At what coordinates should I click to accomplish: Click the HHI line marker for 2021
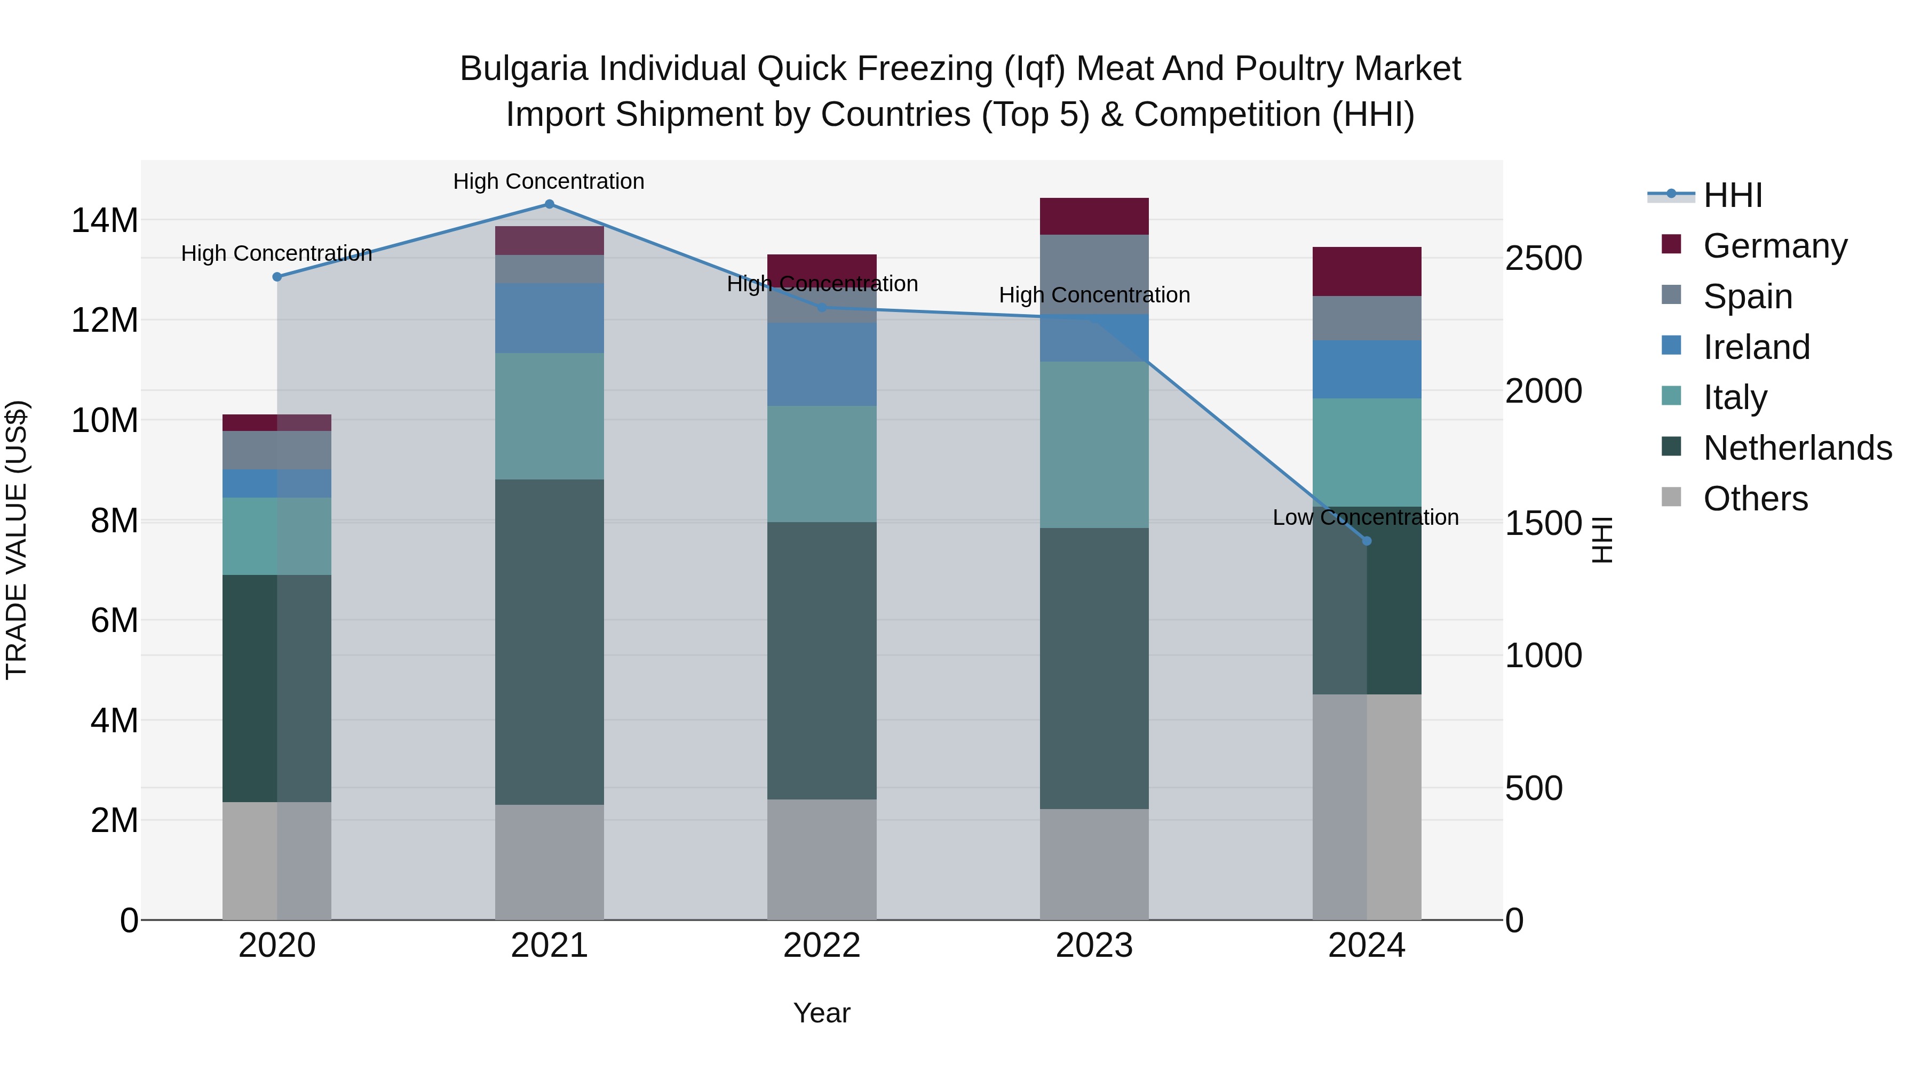[x=549, y=204]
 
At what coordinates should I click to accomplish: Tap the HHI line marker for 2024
[x=1366, y=541]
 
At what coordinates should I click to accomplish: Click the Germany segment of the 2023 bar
[x=1094, y=217]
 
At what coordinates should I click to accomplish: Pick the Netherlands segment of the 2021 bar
[x=549, y=642]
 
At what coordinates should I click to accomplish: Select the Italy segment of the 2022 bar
[x=822, y=465]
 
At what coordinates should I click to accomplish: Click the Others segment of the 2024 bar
[x=1366, y=807]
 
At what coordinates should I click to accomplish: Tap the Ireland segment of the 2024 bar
[x=1366, y=370]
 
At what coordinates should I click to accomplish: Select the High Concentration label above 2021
[x=549, y=181]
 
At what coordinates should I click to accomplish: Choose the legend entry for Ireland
[x=1756, y=347]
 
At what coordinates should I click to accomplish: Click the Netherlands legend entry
[x=1797, y=448]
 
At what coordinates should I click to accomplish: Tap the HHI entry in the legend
[x=1732, y=195]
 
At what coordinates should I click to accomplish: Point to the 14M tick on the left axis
[x=105, y=221]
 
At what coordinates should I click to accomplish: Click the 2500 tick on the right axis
[x=1543, y=259]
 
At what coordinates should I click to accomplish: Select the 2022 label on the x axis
[x=822, y=946]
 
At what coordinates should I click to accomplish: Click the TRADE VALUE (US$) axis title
[x=17, y=540]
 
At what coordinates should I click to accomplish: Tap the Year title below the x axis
[x=822, y=1013]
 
